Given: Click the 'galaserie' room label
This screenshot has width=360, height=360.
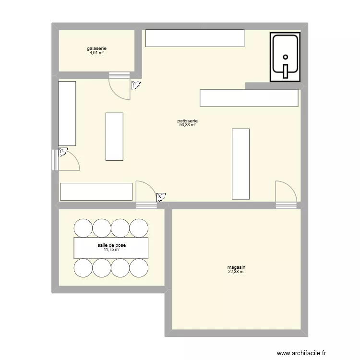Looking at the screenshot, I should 96,48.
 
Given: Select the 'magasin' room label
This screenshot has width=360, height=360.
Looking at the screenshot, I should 237,268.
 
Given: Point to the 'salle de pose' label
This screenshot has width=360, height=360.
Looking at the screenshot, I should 111,245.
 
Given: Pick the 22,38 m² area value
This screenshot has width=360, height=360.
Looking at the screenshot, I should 237,272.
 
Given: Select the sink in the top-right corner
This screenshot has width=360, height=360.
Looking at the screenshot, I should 285,57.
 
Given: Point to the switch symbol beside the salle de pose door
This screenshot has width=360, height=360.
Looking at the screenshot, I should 161,196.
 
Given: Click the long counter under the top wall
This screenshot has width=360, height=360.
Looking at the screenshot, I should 194,38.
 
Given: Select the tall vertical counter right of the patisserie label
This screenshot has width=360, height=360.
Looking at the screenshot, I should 240,164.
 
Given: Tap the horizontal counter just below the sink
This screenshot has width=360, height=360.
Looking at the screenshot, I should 249,98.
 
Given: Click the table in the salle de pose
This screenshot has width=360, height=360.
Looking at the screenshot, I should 111,248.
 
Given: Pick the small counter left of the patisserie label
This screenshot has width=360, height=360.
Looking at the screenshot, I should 114,137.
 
